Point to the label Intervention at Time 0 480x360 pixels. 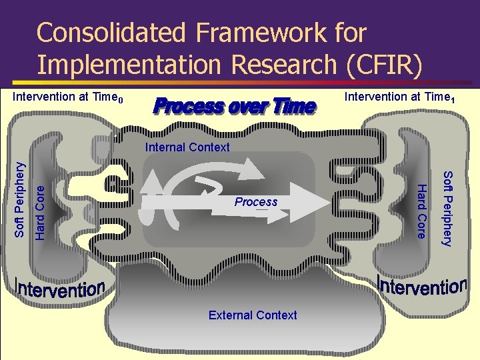[68, 97]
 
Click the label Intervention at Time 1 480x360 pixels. [400, 97]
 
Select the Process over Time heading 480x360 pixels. [234, 106]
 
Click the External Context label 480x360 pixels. [253, 315]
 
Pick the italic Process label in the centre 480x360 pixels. [256, 202]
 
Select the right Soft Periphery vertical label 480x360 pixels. [447, 208]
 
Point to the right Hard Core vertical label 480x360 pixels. [421, 212]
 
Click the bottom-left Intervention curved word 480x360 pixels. [60, 289]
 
